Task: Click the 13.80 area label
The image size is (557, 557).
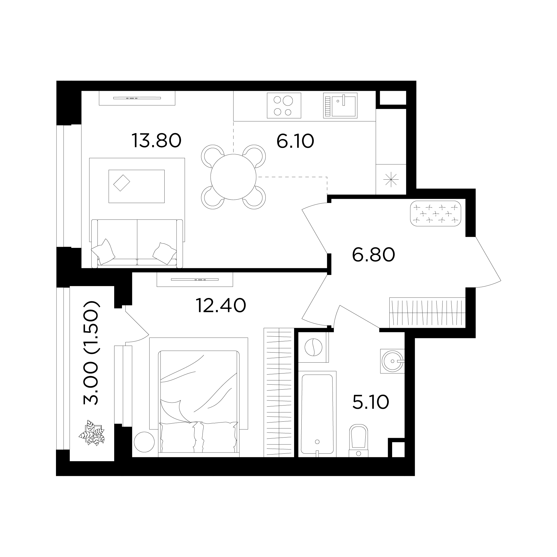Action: coord(156,141)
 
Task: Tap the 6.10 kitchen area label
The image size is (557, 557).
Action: coord(295,141)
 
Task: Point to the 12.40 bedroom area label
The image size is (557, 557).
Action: coord(221,306)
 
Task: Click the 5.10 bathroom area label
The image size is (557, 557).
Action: coord(371,402)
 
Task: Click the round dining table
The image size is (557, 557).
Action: coord(233,177)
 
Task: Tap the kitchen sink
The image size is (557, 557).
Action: coord(340,106)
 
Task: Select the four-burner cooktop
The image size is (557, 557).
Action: coord(284,106)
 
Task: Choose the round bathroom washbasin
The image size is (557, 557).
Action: coord(392,361)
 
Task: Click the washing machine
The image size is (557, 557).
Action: coord(313,347)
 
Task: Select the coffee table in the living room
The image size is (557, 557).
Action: coord(136,186)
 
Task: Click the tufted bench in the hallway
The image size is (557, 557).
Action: coord(435,213)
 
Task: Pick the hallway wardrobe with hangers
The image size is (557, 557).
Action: coord(427,312)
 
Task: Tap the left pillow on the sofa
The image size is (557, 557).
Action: coord(103,251)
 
